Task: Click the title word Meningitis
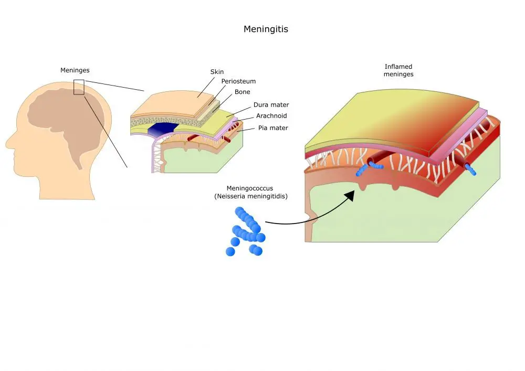(266, 29)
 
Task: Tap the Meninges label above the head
(75, 70)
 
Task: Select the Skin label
(217, 72)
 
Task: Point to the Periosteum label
(238, 81)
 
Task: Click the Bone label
(242, 92)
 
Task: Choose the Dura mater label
(271, 105)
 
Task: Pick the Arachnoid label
(271, 116)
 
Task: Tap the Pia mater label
(273, 128)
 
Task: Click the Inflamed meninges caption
(398, 70)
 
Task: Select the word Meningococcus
(250, 188)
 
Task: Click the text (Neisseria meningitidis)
(251, 196)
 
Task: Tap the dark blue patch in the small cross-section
(162, 129)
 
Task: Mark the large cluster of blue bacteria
(246, 231)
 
